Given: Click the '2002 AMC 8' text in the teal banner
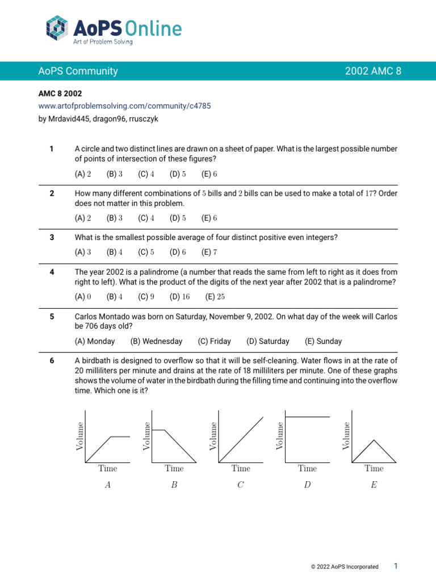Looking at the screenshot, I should [x=373, y=71].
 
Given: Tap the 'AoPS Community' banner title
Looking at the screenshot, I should [x=78, y=71].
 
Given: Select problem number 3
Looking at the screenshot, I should [x=52, y=237].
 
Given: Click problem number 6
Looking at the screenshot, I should [x=52, y=360].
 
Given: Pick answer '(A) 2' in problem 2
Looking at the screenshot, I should [x=83, y=218].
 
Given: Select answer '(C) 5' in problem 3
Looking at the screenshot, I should [x=146, y=252].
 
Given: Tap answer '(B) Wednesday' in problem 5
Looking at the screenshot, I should [x=156, y=341].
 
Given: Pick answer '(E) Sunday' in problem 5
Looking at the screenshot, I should [x=323, y=341].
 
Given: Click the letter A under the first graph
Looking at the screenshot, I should [x=108, y=485].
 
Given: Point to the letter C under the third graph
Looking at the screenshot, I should [x=241, y=485].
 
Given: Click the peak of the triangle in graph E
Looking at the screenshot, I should [x=374, y=440].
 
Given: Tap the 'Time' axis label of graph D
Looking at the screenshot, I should [x=307, y=469].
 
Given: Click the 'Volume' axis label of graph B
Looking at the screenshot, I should [x=147, y=436].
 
